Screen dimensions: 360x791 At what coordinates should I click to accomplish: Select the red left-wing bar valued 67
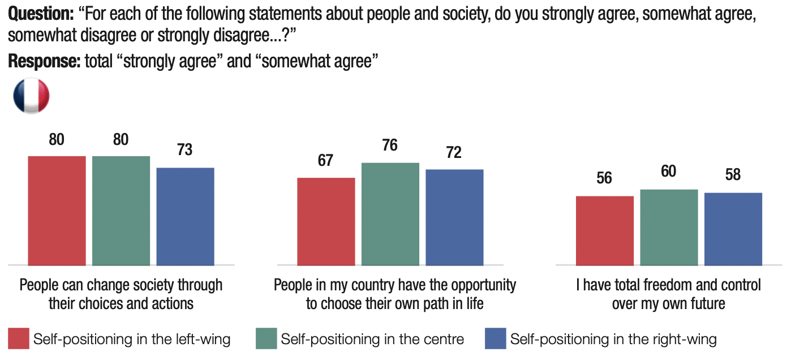point(326,221)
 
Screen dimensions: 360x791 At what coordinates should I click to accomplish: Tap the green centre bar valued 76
point(390,214)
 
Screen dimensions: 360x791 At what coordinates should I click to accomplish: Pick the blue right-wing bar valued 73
point(185,216)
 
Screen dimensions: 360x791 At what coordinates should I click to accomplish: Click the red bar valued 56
point(604,230)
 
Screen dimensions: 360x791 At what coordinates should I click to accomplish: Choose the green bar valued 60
point(669,227)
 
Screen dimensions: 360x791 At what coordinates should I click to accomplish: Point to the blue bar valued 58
point(733,229)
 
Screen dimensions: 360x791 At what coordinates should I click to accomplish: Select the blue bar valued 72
point(454,217)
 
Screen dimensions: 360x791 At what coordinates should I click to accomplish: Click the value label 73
point(184,150)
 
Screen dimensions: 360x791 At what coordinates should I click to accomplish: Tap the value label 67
point(325,160)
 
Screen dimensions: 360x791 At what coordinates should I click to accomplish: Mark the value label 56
point(604,178)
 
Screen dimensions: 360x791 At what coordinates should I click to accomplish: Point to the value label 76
point(390,145)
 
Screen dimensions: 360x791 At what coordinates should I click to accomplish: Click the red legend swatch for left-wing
point(18,339)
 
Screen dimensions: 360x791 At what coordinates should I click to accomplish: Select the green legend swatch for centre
point(266,339)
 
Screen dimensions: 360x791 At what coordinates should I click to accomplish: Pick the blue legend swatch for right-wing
point(495,339)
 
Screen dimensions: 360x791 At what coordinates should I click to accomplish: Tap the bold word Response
point(44,61)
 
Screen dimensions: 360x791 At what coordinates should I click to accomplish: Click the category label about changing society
point(121,294)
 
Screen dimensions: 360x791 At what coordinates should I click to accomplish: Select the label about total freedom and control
point(669,294)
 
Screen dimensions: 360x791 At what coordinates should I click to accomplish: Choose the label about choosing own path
point(395,294)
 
